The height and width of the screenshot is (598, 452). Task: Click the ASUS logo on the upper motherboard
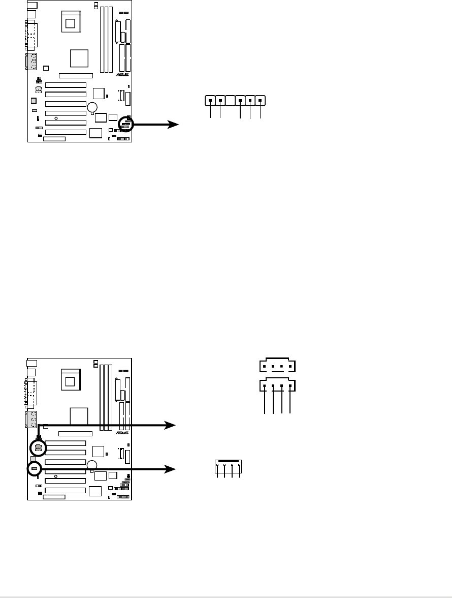[x=123, y=74]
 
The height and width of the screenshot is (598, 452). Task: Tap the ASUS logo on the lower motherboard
[x=123, y=432]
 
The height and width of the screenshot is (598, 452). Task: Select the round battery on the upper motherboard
[x=92, y=107]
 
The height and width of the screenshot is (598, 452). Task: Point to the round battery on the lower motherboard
[x=92, y=464]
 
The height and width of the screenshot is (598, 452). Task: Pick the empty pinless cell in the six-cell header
[x=230, y=101]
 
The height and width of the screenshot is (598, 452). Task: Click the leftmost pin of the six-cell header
[x=210, y=101]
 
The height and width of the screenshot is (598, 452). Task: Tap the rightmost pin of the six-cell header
[x=261, y=101]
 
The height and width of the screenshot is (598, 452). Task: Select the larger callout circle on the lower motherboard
[x=38, y=447]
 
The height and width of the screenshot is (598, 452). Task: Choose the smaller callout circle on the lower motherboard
[x=34, y=468]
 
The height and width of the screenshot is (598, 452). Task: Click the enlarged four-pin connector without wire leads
[x=277, y=366]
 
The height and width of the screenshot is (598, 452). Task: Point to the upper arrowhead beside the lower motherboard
[x=173, y=424]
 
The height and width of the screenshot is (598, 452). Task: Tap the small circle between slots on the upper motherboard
[x=56, y=118]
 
